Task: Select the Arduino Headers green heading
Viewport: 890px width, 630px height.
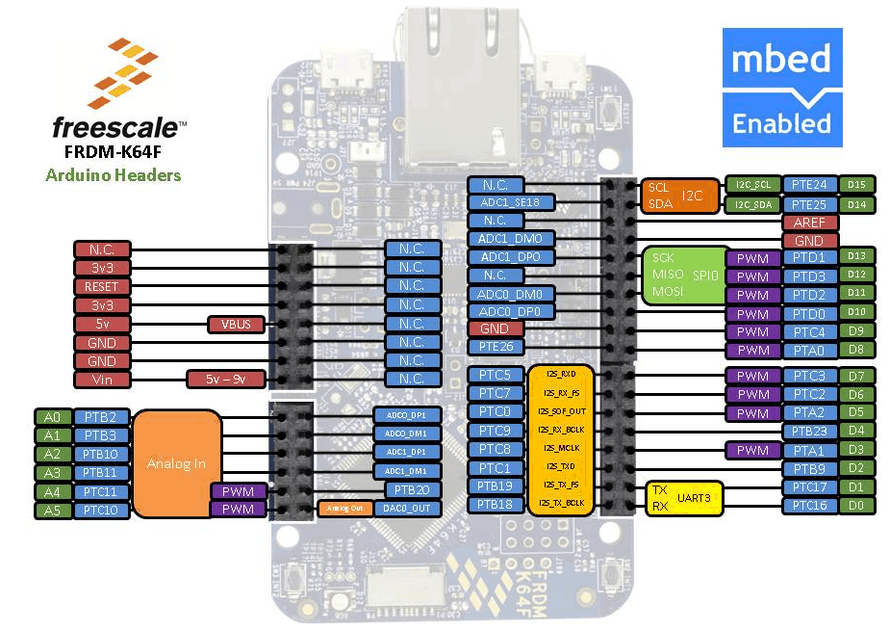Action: click(x=113, y=174)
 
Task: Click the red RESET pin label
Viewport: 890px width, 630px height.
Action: click(x=101, y=286)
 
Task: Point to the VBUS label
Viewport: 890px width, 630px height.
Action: click(x=236, y=324)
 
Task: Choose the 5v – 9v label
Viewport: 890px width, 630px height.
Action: click(x=224, y=379)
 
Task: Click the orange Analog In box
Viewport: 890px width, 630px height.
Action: click(x=176, y=463)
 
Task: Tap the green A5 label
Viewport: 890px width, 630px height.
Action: click(x=51, y=510)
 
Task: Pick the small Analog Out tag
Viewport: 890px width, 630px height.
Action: click(x=343, y=508)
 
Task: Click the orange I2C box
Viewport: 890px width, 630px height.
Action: click(x=679, y=196)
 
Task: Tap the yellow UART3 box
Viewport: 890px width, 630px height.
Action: click(x=684, y=496)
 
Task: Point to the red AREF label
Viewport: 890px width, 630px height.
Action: click(x=809, y=222)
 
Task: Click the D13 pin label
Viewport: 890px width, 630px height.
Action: click(x=856, y=257)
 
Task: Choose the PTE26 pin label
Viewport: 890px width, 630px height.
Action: click(x=496, y=347)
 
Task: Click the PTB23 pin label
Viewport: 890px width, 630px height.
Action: click(x=809, y=432)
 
